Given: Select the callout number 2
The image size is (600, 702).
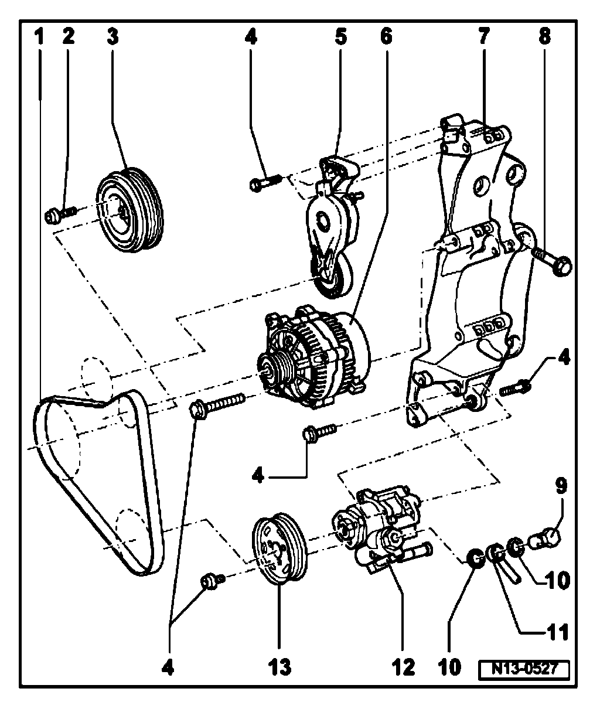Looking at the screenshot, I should pos(69,37).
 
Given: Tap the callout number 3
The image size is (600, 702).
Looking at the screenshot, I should pos(112,37).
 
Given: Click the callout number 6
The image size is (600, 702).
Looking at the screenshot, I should pos(385,37).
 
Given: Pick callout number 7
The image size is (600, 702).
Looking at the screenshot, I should pos(484,37).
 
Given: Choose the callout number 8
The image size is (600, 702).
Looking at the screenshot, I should pos(545,37).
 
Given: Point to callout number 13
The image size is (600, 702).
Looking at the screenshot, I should pos(279,666).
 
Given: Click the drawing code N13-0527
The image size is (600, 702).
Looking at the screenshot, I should pos(523,669).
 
